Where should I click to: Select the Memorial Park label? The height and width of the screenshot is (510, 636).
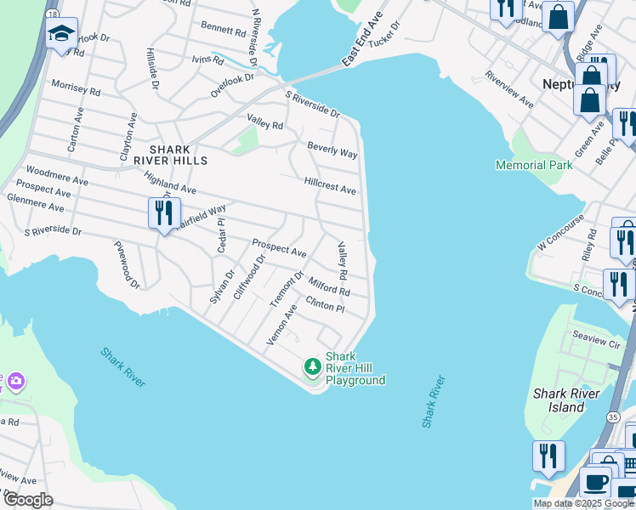click(x=534, y=165)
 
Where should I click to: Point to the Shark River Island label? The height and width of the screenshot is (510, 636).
click(x=566, y=399)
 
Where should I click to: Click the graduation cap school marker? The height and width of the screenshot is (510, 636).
click(x=61, y=34)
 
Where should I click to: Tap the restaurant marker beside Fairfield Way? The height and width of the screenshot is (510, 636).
click(x=163, y=212)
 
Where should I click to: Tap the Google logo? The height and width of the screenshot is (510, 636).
click(x=27, y=500)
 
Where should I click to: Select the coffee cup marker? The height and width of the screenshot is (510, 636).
click(x=595, y=482)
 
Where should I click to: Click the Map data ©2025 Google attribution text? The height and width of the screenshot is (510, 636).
click(x=582, y=503)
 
